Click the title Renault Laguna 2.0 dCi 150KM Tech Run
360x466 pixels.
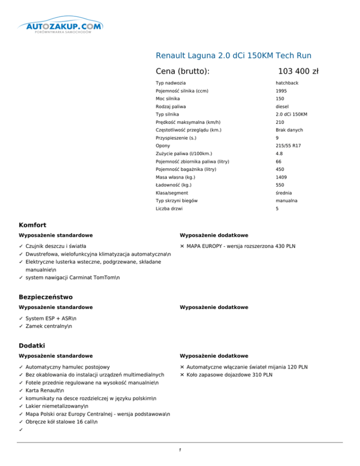click(233, 55)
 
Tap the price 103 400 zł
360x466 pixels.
click(298, 71)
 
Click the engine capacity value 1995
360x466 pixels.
click(281, 91)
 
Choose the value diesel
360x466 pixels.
click(282, 106)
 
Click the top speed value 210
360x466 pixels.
click(280, 122)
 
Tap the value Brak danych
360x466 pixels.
click(289, 130)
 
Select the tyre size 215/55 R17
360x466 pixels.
click(288, 146)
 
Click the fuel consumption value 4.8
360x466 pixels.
click(279, 153)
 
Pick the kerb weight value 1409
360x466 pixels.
click(281, 177)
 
